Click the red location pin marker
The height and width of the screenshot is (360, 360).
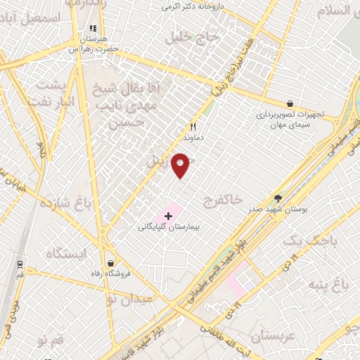tap(181, 164)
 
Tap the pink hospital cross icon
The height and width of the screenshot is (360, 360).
tap(168, 214)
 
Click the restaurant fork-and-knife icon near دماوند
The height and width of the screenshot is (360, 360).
tap(192, 127)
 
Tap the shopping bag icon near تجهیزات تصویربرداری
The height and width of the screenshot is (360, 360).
tap(290, 103)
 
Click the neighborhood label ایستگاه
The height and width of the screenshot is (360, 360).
tap(67, 252)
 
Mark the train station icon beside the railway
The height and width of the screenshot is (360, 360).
tap(22, 265)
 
